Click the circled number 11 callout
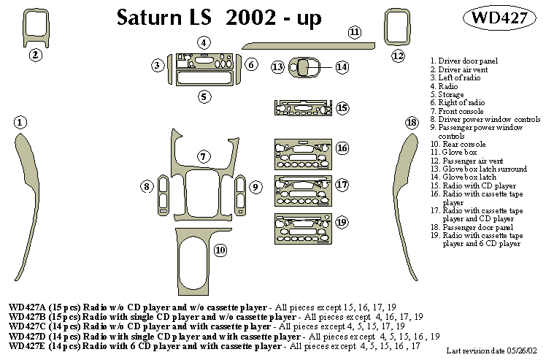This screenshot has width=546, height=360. click(354, 31)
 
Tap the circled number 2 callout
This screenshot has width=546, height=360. click(34, 54)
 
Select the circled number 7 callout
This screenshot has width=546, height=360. click(204, 156)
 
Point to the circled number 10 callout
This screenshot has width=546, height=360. click(219, 250)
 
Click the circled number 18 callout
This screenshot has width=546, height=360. click(412, 122)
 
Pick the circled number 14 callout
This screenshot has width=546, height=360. click(342, 67)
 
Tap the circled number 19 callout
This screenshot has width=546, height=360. click(342, 221)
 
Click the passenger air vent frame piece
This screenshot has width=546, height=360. click(397, 28)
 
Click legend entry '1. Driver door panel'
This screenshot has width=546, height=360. click(463, 61)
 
